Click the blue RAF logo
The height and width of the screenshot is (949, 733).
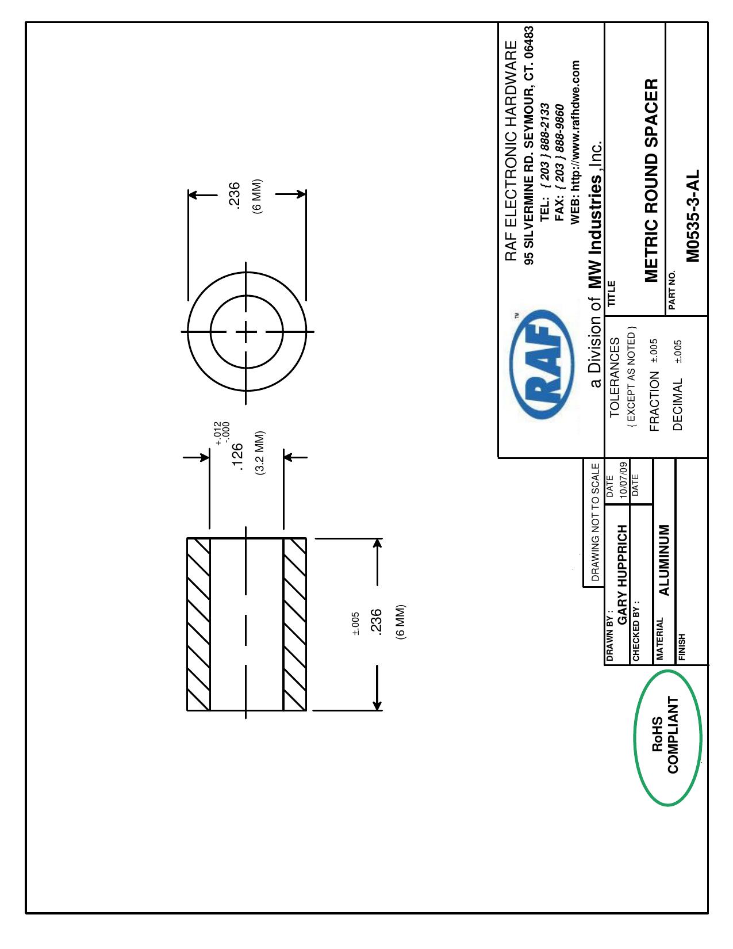542,365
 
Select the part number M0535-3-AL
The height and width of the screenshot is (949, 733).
692,216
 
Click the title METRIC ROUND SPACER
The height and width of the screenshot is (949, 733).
651,181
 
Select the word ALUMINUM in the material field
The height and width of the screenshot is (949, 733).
663,560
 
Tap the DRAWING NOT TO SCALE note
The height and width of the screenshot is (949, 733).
595,522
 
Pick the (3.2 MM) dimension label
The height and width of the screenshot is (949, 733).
260,453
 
